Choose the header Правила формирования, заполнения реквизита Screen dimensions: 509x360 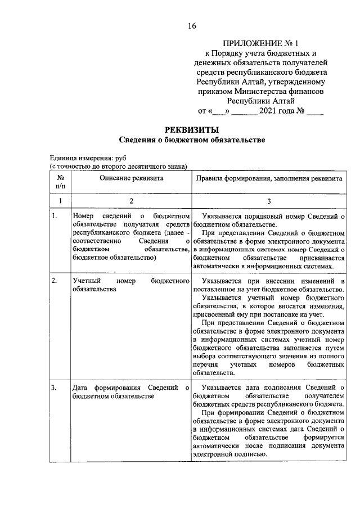point(268,178)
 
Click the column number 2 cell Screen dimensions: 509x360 point(131,201)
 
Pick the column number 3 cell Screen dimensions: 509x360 point(268,201)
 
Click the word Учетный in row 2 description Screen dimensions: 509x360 point(87,280)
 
